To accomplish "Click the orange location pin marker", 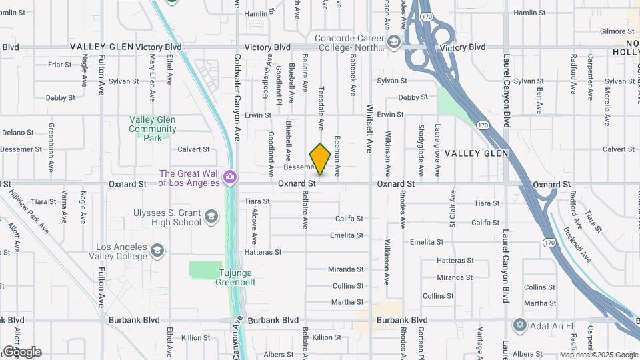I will pyautogui.click(x=320, y=159).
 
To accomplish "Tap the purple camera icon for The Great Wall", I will pyautogui.click(x=230, y=176).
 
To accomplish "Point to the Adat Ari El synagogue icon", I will pyautogui.click(x=520, y=325).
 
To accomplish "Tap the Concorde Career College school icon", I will pyautogui.click(x=393, y=43).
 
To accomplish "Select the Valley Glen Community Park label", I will pyautogui.click(x=153, y=129).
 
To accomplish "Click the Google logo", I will pyautogui.click(x=22, y=351).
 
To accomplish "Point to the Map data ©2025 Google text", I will pyautogui.click(x=598, y=355).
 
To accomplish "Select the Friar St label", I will pyautogui.click(x=60, y=65).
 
